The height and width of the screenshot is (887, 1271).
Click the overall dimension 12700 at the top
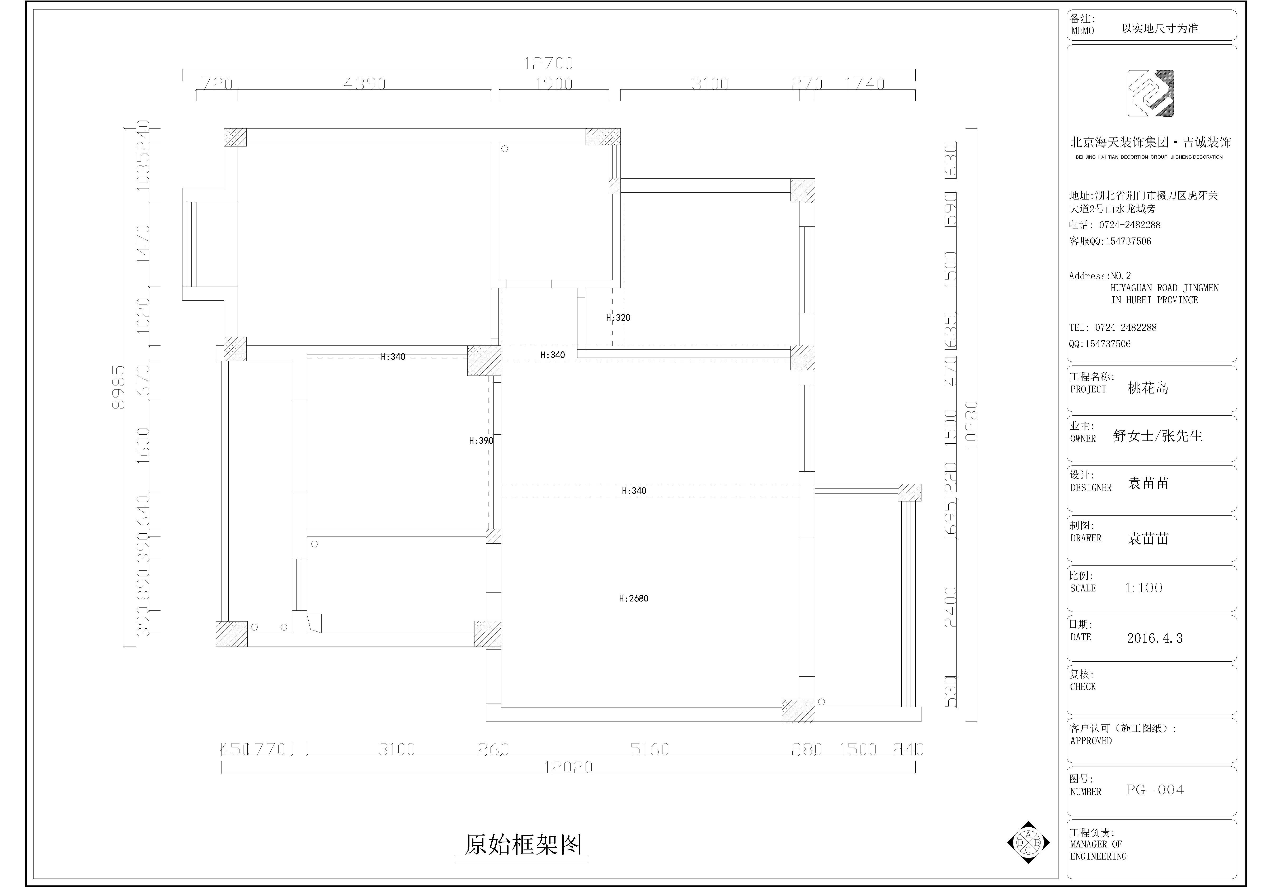549,63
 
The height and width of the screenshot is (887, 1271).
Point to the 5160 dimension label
649,749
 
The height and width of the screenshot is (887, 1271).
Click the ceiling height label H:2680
633,598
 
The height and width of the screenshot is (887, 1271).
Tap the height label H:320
618,318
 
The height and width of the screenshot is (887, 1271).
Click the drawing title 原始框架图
522,845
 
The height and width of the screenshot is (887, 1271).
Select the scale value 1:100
1143,588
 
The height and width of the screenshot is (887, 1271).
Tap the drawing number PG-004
1154,790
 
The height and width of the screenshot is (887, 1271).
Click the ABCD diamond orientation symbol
1028,842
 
